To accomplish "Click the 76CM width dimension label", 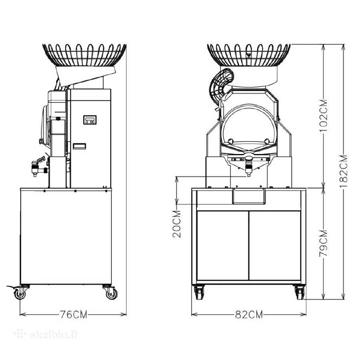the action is [74, 314].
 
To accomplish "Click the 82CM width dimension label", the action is [249, 314].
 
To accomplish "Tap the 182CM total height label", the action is [344, 171].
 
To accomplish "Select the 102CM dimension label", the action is [323, 116].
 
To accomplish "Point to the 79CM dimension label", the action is [323, 243].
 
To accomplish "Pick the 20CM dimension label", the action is [177, 224].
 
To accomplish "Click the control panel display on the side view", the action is [90, 120].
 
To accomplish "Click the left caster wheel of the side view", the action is [20, 292].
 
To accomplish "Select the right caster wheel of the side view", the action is [111, 292].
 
